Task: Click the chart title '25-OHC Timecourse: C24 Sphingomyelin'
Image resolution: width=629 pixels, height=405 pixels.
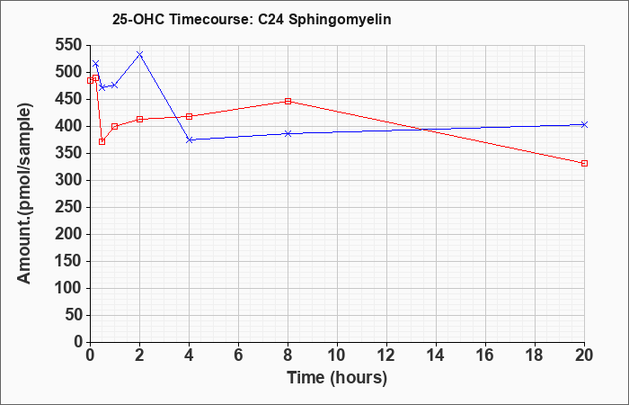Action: (252, 20)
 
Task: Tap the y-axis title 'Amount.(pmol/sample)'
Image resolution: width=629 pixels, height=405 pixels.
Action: (24, 193)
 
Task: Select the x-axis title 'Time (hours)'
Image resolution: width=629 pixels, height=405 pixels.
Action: (337, 378)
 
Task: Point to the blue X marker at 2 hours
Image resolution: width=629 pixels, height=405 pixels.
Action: (139, 54)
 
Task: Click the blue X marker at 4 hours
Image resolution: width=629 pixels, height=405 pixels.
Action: (190, 139)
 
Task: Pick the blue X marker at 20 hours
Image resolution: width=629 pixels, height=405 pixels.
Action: (584, 124)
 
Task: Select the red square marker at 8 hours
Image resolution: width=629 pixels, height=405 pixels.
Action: (288, 101)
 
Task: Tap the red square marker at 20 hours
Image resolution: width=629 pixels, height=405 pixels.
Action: (584, 163)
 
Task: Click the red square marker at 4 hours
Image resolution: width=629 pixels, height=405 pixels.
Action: (190, 116)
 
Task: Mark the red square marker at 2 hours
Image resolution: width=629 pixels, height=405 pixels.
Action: (139, 120)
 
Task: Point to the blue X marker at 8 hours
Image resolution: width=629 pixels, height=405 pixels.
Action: (288, 133)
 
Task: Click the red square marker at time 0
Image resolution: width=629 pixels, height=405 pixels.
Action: (90, 80)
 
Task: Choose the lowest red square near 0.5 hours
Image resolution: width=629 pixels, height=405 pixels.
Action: (102, 141)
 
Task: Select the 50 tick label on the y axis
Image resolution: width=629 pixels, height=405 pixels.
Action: (74, 315)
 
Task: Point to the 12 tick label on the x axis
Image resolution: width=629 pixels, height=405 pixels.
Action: (386, 355)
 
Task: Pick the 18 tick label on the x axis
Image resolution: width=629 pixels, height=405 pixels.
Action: (535, 355)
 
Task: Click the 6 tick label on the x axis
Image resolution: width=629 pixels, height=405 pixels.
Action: (239, 355)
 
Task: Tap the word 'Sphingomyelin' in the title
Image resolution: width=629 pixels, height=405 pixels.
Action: (340, 20)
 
